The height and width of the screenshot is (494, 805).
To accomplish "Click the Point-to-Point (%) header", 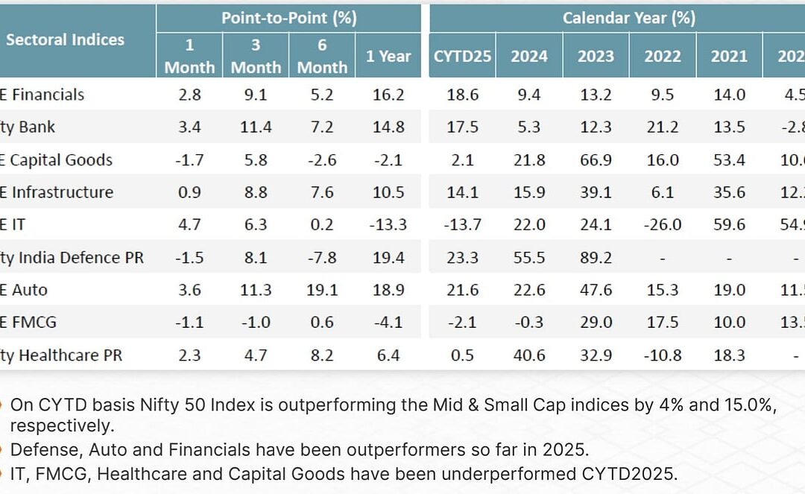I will tap(288, 17).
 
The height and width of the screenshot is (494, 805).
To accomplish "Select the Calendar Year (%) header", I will tap(628, 17).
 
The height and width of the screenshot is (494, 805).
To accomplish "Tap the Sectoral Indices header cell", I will tap(65, 39).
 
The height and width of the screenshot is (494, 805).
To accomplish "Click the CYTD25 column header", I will tap(462, 56).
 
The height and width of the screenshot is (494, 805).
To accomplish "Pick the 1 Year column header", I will tap(388, 56).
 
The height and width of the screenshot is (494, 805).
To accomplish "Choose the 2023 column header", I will tap(596, 56).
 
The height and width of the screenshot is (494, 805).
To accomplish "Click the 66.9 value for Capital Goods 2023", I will tap(596, 159).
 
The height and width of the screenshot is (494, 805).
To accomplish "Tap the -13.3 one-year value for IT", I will tap(388, 225).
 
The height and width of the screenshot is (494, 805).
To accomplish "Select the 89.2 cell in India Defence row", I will tap(596, 258).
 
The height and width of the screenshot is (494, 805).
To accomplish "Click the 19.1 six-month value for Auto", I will tap(322, 290).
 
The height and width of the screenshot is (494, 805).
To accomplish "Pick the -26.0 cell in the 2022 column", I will tap(662, 225).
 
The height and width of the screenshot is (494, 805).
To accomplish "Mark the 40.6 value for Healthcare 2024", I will tap(529, 355).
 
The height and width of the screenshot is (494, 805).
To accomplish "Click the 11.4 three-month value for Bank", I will tap(256, 127).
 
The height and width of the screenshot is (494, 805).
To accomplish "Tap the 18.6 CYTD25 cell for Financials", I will tap(462, 95).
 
